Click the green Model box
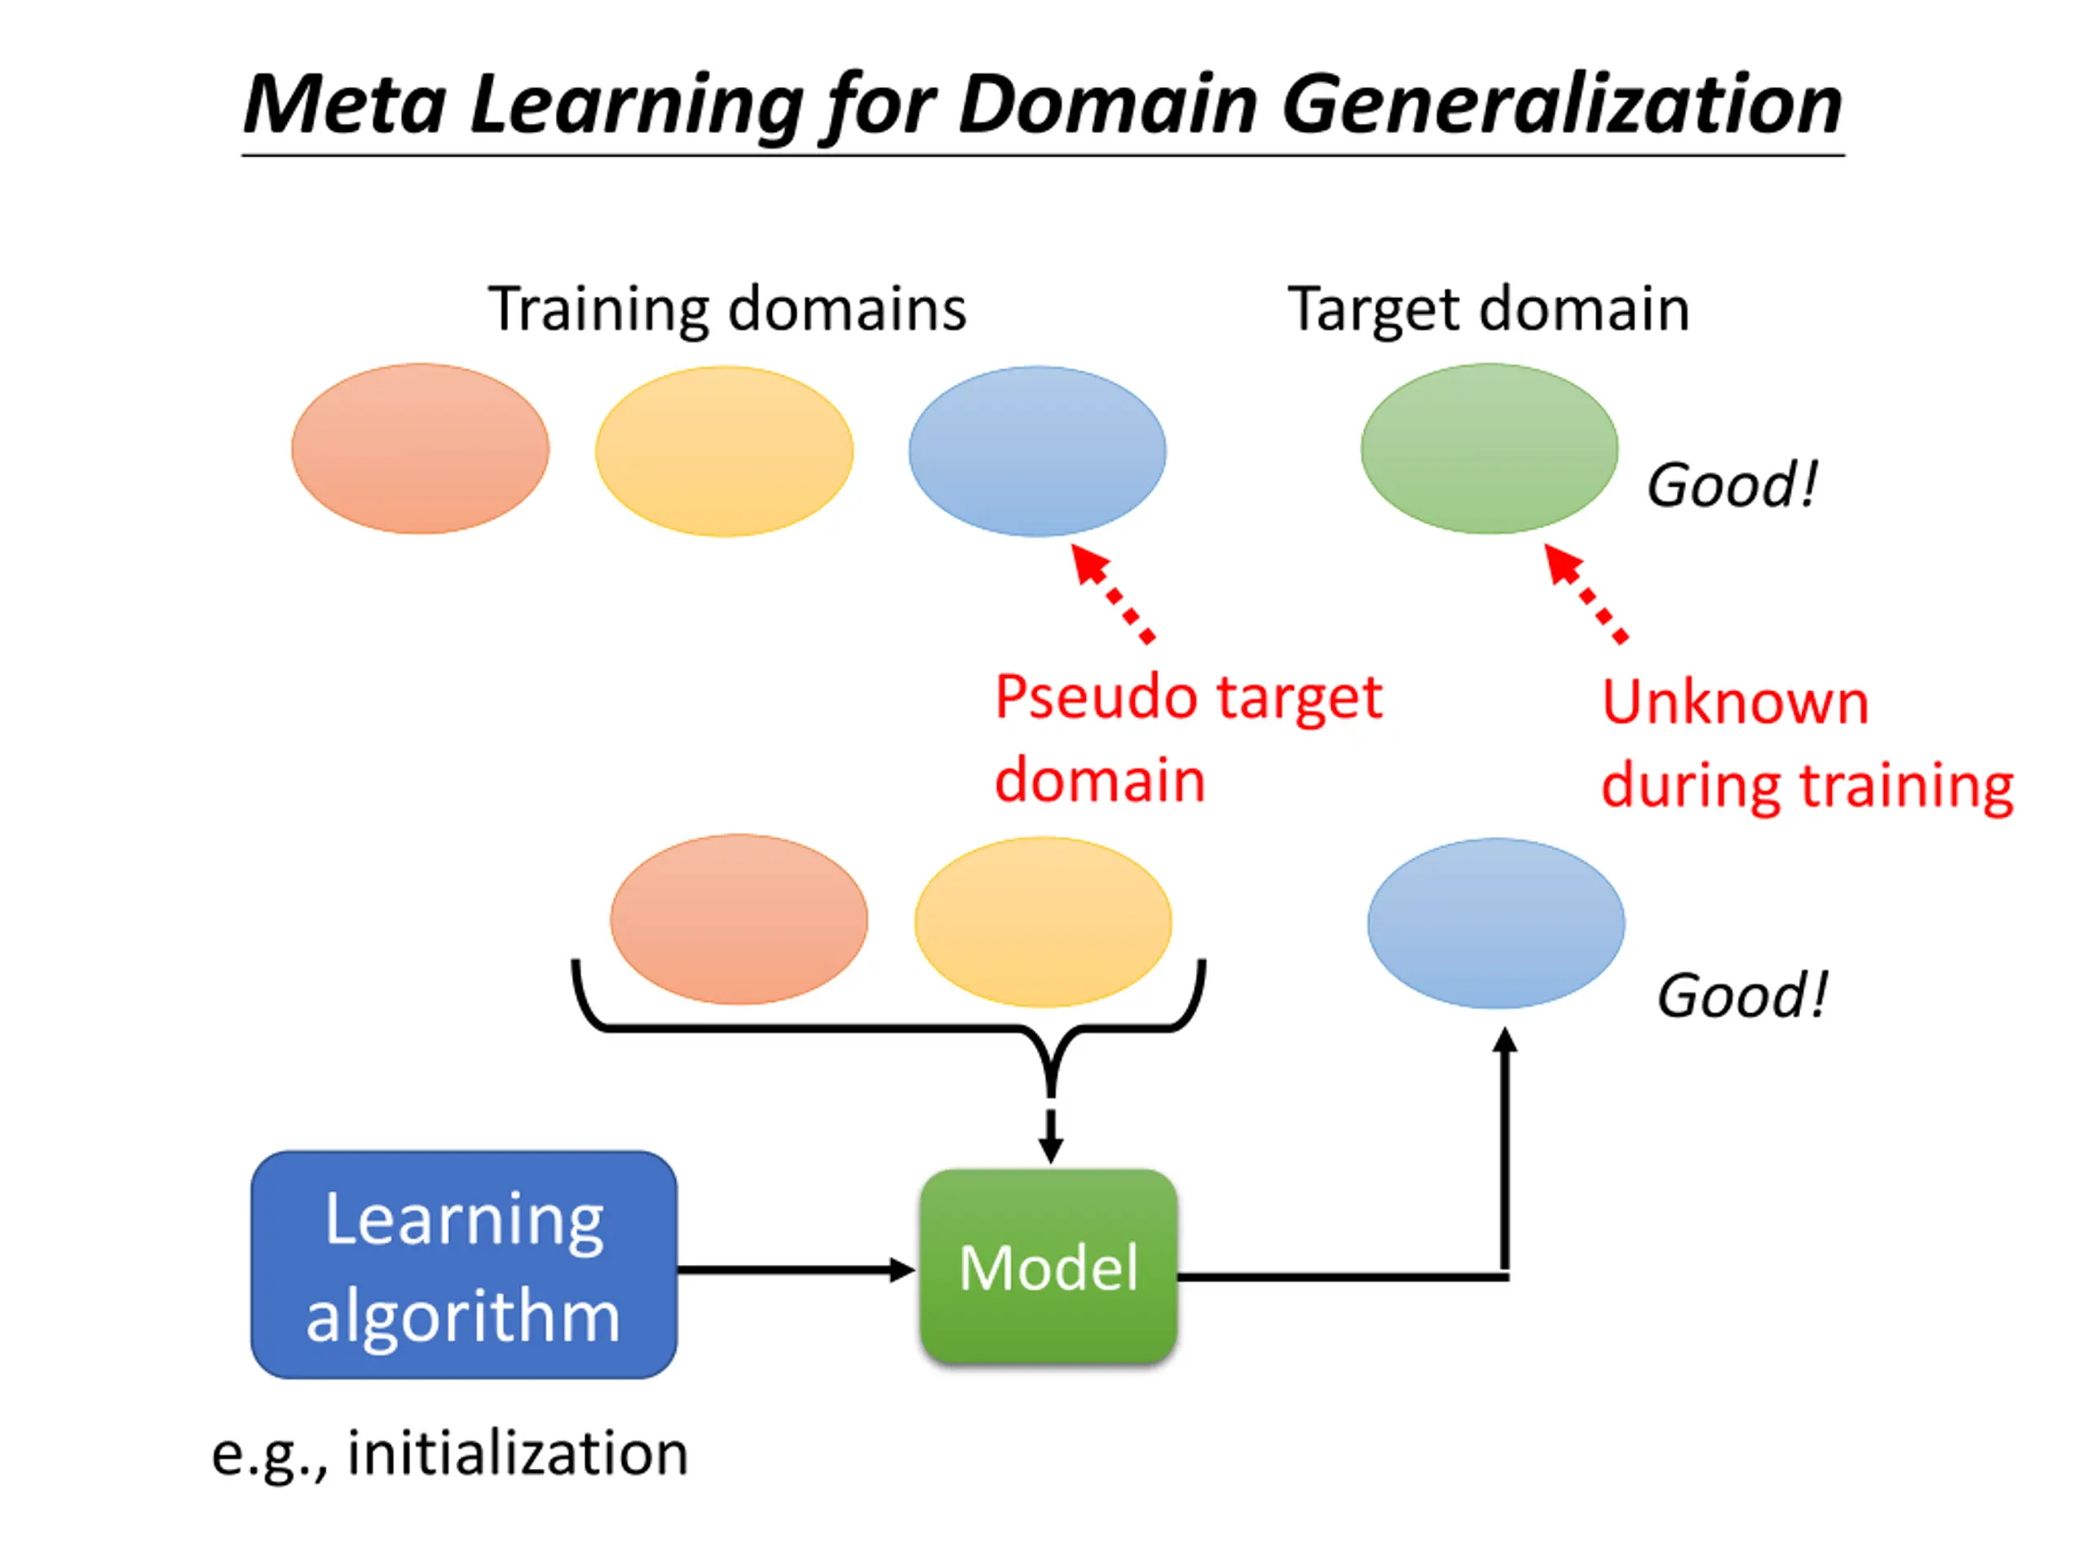click(1048, 1266)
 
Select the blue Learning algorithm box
click(463, 1264)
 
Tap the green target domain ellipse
click(1489, 449)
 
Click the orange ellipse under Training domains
click(420, 449)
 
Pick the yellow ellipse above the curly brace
click(1043, 922)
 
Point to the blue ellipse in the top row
click(1037, 451)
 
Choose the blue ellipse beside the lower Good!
click(1495, 924)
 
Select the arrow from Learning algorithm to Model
click(796, 1270)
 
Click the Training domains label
click(727, 310)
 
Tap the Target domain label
click(1488, 310)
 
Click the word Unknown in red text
click(1735, 703)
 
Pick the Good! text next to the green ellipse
click(1732, 485)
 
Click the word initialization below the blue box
click(518, 1452)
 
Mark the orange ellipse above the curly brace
click(739, 919)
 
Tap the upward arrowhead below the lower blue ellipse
click(1505, 1042)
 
